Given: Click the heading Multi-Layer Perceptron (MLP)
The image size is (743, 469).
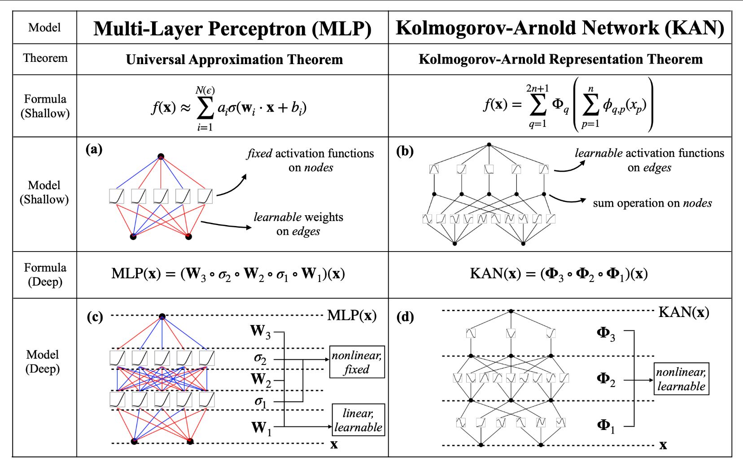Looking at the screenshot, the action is [x=232, y=29].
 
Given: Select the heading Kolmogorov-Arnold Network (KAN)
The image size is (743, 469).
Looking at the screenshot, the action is [x=560, y=28].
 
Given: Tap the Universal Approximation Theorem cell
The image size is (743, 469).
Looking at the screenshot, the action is [x=235, y=60].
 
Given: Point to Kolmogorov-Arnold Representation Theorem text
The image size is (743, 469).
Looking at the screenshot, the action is [x=560, y=59].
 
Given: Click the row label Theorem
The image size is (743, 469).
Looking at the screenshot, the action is [x=45, y=58].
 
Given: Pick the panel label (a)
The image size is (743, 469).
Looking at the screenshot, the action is [x=94, y=149].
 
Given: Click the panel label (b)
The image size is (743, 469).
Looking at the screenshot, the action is [x=405, y=151].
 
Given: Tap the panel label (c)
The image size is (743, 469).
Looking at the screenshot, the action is [x=95, y=317].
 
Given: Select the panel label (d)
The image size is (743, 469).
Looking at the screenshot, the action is [x=405, y=317].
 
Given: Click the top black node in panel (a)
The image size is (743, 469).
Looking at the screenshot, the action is [x=161, y=156].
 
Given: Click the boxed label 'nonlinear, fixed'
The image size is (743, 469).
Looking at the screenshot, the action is [x=357, y=362].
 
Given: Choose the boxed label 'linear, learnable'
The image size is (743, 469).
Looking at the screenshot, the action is [x=358, y=420].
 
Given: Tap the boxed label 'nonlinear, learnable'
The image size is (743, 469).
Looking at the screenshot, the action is [x=681, y=379].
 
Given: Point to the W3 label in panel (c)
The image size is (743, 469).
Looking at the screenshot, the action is [x=260, y=331].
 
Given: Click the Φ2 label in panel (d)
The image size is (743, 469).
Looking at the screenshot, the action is [x=606, y=379].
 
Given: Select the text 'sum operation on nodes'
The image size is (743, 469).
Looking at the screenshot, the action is [x=652, y=203].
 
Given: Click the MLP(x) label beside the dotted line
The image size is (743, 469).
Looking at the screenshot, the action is [x=352, y=315].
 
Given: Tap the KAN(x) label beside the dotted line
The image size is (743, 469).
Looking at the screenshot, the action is [x=684, y=312].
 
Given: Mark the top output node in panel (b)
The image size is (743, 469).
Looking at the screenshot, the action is [x=489, y=145].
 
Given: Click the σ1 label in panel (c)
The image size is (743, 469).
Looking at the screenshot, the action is [x=261, y=402].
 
